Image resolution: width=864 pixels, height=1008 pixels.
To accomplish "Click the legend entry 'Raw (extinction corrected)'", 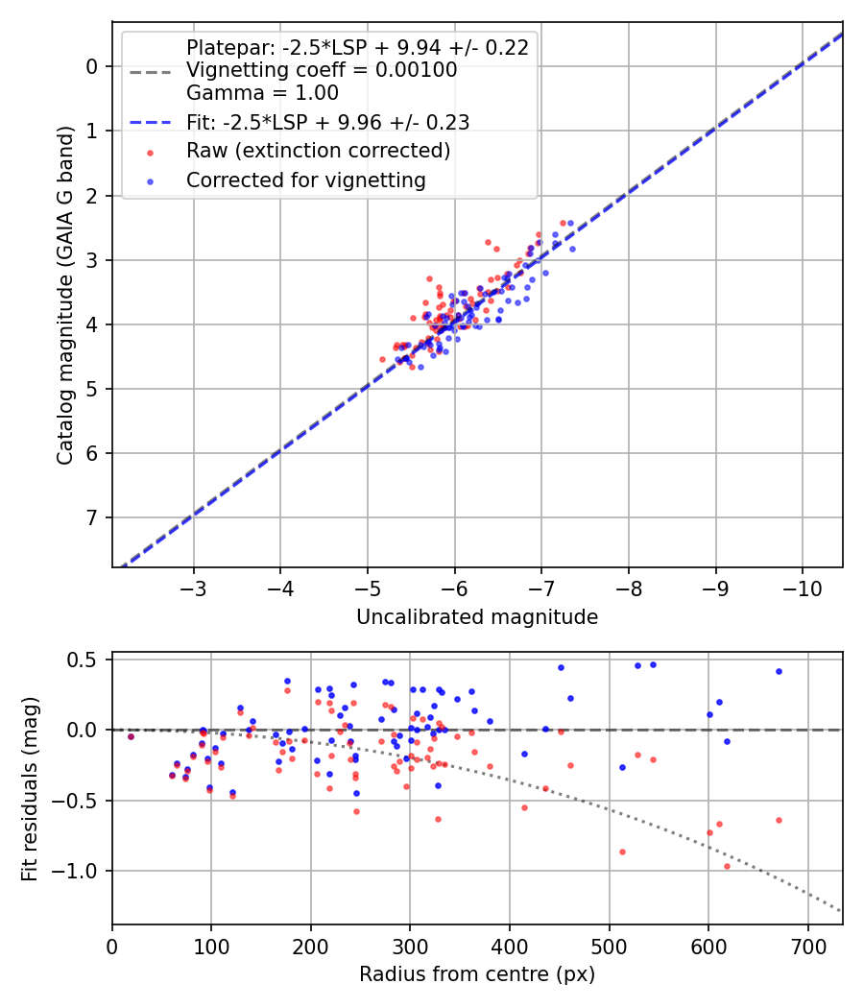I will click(x=318, y=151).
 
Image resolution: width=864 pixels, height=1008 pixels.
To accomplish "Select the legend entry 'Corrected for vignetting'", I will click(x=305, y=180).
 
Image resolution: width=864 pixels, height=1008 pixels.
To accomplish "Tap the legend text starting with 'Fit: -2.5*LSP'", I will click(x=327, y=122).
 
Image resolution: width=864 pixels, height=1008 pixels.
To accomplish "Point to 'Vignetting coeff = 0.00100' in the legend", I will click(x=322, y=70).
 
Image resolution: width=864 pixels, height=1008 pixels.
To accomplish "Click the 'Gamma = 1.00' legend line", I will click(x=262, y=93).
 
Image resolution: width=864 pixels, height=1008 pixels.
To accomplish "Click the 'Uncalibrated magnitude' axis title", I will click(x=477, y=617).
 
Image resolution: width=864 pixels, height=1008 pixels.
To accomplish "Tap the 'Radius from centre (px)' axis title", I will click(x=477, y=974).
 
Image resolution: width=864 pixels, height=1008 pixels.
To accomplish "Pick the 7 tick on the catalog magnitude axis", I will click(x=92, y=518).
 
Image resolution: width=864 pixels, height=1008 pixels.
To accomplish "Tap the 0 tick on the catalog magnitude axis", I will click(x=92, y=66).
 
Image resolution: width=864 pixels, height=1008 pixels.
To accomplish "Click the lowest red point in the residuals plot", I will click(x=727, y=866).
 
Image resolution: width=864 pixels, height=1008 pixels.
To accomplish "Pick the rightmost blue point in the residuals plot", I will click(x=779, y=671).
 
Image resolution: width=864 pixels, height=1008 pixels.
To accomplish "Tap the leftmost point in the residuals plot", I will click(x=131, y=736).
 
